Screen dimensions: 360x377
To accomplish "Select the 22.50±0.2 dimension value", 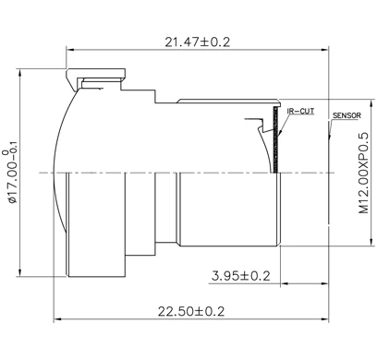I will tap(191, 311).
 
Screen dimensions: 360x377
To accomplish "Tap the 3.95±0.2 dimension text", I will tap(240, 275).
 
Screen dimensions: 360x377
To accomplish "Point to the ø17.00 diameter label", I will tap(11, 172).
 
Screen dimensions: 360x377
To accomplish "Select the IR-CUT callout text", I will tap(301, 110).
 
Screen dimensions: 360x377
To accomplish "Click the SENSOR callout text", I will tap(346, 116).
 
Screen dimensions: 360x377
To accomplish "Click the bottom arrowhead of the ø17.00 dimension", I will tap(22, 274).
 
